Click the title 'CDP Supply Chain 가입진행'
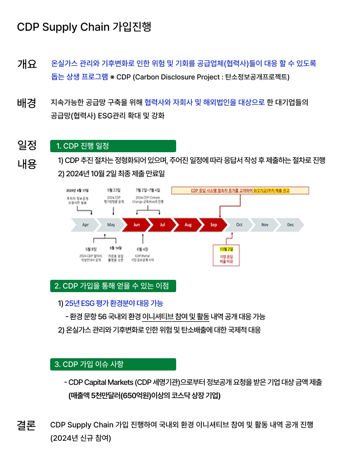tap(84, 27)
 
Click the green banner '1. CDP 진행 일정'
tap(113, 146)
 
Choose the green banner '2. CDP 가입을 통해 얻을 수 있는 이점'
tap(113, 285)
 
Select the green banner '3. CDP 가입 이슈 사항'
tap(113, 364)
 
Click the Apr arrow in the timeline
tap(86, 224)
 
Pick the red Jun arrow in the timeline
tap(136, 224)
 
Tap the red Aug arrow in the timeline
tap(187, 224)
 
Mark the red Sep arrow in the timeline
tap(213, 224)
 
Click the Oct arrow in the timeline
tap(239, 224)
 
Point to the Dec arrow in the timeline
tap(290, 224)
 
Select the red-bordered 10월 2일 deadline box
tap(226, 255)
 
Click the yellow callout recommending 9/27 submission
tap(240, 191)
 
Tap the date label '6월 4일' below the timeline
tap(142, 249)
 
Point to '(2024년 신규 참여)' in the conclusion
tap(80, 438)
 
